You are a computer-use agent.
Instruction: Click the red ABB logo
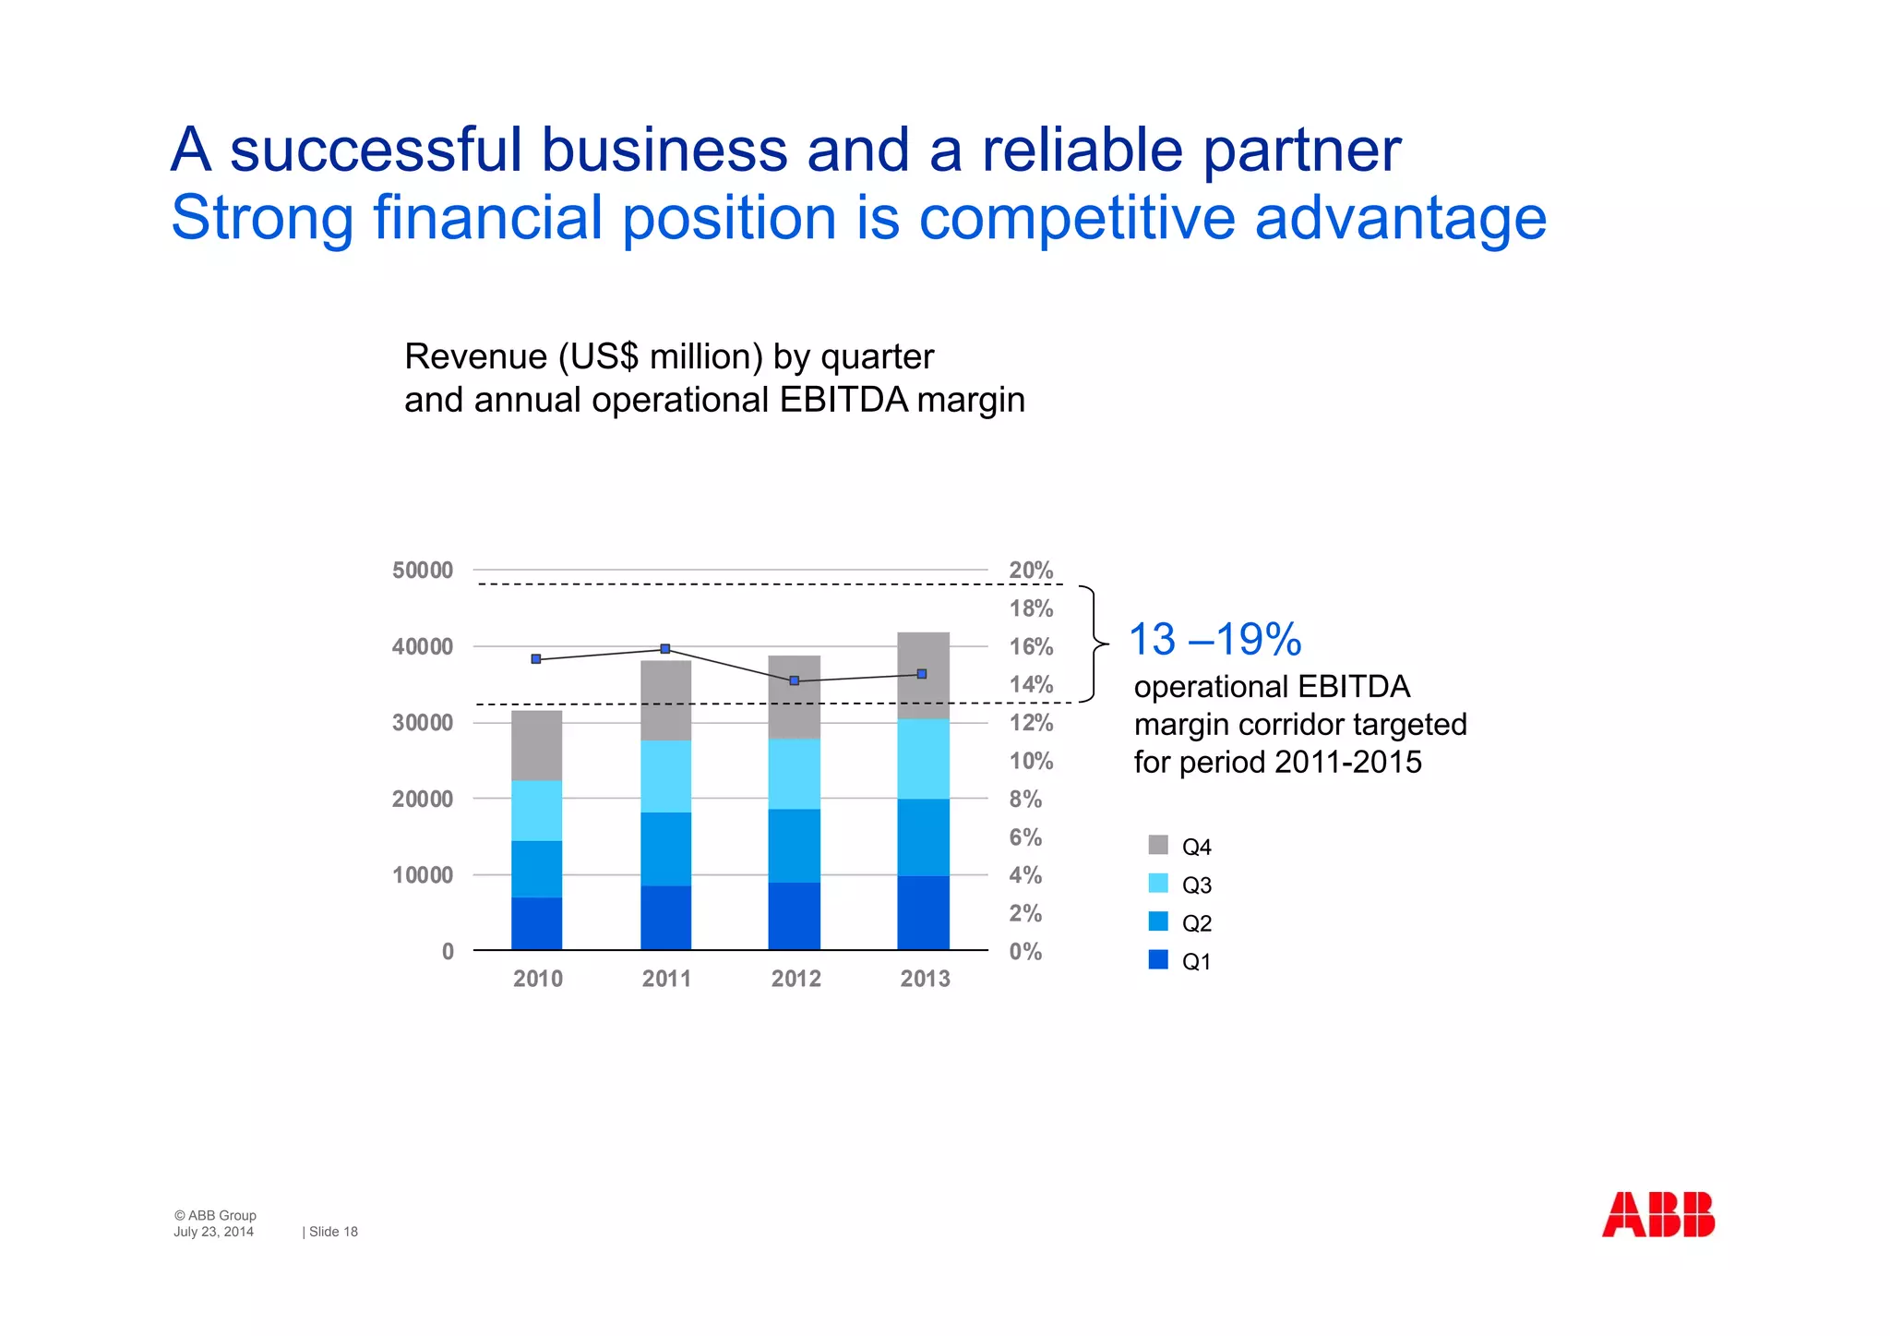point(1658,1214)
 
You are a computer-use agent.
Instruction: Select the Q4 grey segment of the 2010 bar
point(536,745)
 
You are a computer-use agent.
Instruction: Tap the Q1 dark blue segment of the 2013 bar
point(923,912)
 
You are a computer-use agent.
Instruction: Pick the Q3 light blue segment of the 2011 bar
point(665,776)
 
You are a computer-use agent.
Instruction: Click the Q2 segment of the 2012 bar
point(794,846)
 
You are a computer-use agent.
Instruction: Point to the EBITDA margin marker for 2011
point(665,649)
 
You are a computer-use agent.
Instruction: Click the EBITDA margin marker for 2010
point(536,659)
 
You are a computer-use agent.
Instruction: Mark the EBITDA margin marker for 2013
point(922,674)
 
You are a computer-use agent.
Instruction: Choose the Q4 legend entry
point(1180,846)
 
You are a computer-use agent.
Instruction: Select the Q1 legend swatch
point(1158,960)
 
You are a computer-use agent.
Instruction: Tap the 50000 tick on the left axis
point(423,571)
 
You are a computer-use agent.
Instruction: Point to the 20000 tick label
point(423,800)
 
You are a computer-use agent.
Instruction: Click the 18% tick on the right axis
point(1031,608)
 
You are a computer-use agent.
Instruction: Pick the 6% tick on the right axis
point(1025,837)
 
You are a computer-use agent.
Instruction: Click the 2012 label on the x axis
point(795,979)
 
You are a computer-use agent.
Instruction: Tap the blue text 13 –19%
point(1214,640)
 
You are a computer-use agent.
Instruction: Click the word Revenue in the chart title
point(475,357)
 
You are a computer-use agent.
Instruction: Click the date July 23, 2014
point(213,1232)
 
